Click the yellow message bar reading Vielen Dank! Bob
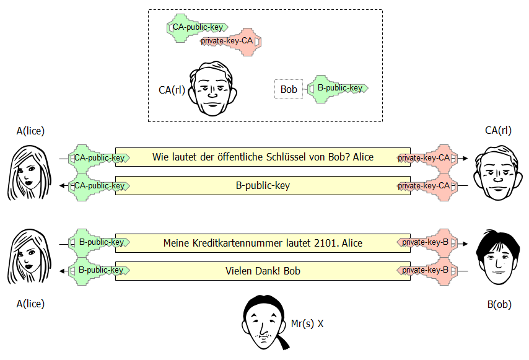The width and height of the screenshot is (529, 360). tap(263, 271)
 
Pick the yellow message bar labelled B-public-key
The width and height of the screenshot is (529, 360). tap(263, 186)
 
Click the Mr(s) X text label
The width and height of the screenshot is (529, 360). tap(307, 323)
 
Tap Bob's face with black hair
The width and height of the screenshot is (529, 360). tap(497, 257)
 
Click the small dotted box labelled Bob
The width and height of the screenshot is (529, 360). tap(289, 89)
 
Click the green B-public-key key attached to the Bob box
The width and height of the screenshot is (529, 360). tap(338, 89)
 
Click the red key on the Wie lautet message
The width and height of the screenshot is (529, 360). tap(428, 158)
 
